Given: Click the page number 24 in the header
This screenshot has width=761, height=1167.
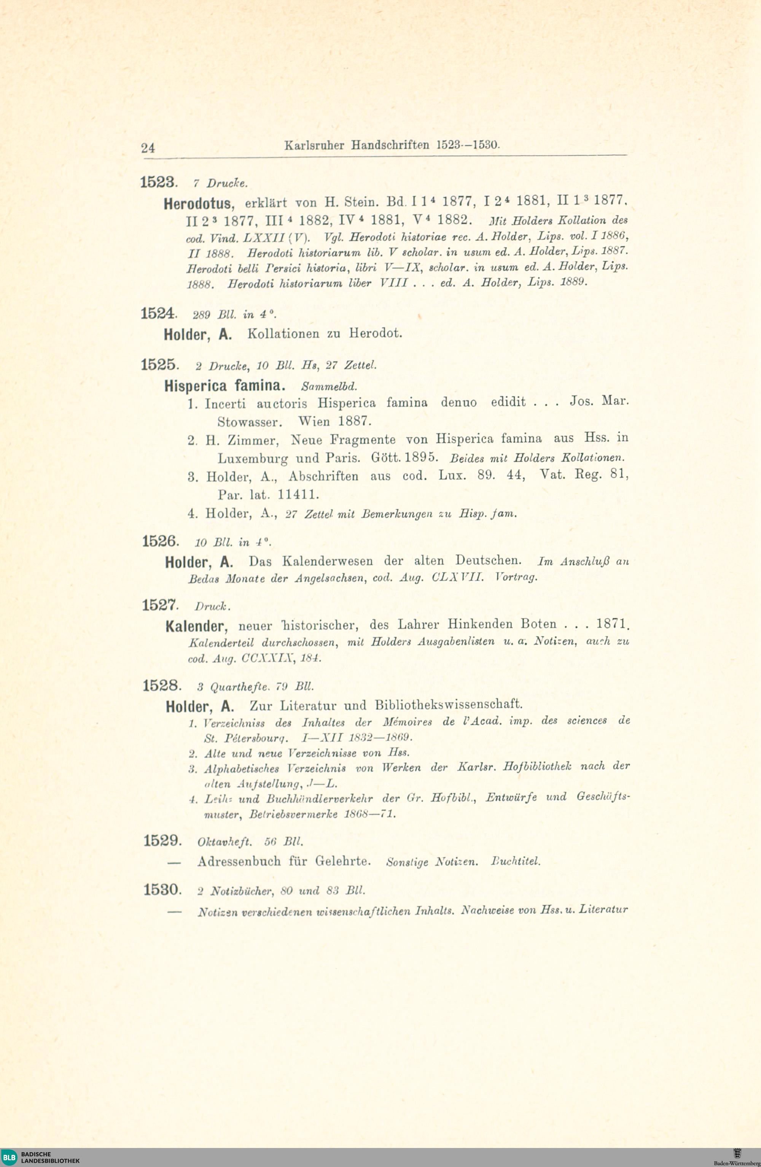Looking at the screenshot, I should point(148,148).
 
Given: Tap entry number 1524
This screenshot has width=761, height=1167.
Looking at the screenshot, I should point(158,314).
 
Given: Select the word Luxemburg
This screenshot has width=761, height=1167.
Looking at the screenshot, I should point(252,459).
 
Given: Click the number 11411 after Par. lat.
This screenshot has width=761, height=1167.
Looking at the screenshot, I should point(298,494).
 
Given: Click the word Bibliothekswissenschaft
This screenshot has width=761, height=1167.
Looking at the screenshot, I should point(449,705).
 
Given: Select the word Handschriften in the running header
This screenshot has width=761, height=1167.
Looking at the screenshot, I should point(390,146).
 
